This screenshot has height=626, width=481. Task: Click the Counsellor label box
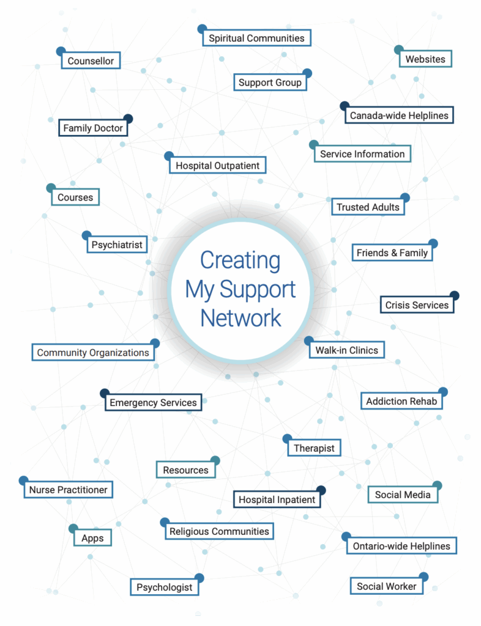click(91, 61)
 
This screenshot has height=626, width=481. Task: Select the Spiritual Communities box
click(256, 38)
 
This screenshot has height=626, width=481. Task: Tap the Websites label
click(425, 59)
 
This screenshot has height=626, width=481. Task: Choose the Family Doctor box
click(94, 128)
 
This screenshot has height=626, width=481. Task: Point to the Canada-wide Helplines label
click(399, 115)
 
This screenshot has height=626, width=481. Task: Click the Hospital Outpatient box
click(217, 166)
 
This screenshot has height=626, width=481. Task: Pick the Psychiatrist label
click(116, 245)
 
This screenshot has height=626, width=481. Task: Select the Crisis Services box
click(417, 305)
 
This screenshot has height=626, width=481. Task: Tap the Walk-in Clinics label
click(346, 350)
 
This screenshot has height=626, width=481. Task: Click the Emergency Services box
click(153, 403)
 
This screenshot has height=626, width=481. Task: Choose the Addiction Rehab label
click(401, 402)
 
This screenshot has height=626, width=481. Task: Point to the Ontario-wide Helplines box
click(401, 547)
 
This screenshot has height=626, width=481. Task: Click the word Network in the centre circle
click(240, 318)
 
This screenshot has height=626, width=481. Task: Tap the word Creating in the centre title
click(240, 260)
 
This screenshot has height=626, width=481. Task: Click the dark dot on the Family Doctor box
click(128, 119)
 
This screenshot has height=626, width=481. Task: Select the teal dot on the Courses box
click(51, 188)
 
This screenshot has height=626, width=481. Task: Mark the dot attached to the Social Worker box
click(423, 576)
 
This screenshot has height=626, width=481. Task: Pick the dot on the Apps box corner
click(73, 529)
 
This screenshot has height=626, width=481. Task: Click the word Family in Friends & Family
click(413, 253)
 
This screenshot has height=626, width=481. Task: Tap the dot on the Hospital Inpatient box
click(321, 490)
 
